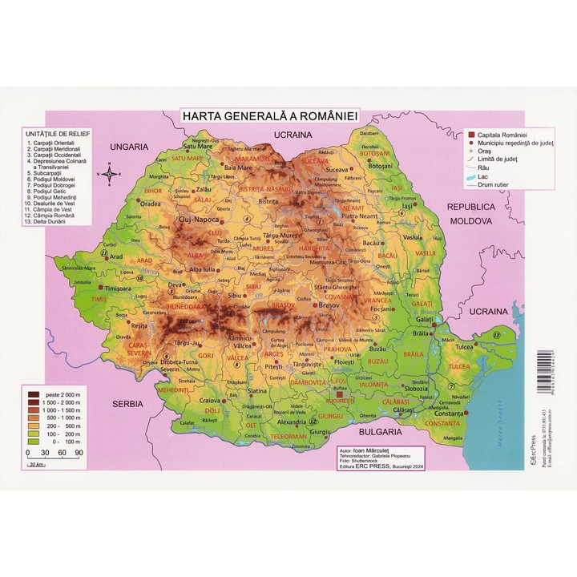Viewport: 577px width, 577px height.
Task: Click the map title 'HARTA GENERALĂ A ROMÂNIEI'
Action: click(271, 116)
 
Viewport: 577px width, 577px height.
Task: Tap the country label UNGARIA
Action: click(130, 147)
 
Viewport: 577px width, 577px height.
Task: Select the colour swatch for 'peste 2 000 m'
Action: click(34, 393)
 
